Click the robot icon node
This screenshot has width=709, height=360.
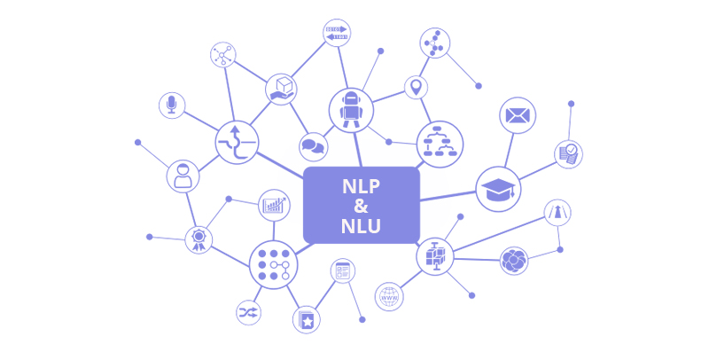(x=351, y=110)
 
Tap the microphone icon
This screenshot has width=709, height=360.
(x=172, y=106)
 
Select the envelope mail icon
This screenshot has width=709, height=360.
(x=518, y=115)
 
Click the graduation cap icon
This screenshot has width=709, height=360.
(x=498, y=189)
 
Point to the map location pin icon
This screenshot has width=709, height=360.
(x=416, y=87)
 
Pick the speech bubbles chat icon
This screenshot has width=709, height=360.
(x=314, y=147)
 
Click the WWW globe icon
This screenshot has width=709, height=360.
(x=389, y=297)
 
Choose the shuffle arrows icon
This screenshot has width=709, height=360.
(x=248, y=312)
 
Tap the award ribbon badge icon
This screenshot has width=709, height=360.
(x=199, y=239)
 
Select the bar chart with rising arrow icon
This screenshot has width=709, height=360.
(x=274, y=206)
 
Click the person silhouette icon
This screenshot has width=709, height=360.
(x=183, y=176)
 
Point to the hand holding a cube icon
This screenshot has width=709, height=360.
(x=281, y=89)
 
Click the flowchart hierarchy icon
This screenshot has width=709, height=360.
(x=440, y=145)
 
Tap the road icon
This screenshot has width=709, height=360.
(x=557, y=213)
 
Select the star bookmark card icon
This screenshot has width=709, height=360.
(x=307, y=320)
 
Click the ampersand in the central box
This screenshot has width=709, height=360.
(x=361, y=206)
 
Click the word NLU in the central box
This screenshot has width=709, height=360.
(x=361, y=226)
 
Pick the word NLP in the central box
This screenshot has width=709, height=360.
(x=361, y=186)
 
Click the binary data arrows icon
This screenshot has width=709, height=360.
(x=337, y=33)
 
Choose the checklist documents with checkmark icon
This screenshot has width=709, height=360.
(x=568, y=154)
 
